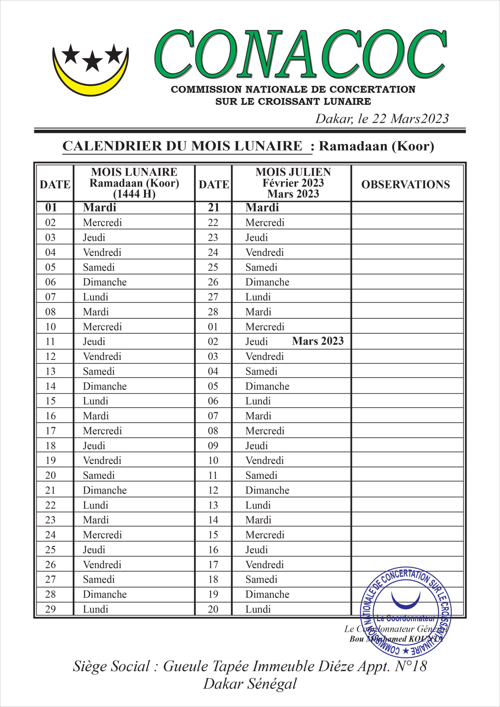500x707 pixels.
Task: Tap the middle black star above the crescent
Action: (92, 61)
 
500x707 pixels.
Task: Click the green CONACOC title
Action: (300, 54)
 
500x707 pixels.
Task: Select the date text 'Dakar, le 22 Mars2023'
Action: (382, 119)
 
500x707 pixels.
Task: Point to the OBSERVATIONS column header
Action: (406, 184)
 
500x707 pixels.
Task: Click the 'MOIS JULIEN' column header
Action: (293, 172)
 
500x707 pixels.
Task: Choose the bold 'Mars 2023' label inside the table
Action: (318, 341)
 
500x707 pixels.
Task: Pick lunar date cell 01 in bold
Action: (51, 207)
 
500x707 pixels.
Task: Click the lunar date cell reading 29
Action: (51, 609)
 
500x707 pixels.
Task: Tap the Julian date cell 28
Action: (213, 312)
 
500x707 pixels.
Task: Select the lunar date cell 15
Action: (51, 401)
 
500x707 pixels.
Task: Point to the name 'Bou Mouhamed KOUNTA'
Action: (396, 639)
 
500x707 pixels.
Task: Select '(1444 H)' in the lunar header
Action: (134, 194)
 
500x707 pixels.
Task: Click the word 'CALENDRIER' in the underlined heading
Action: (112, 146)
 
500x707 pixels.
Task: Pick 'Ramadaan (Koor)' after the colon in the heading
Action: (376, 146)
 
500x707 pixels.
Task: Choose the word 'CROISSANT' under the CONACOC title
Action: (288, 101)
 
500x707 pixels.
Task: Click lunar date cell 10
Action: (51, 326)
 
